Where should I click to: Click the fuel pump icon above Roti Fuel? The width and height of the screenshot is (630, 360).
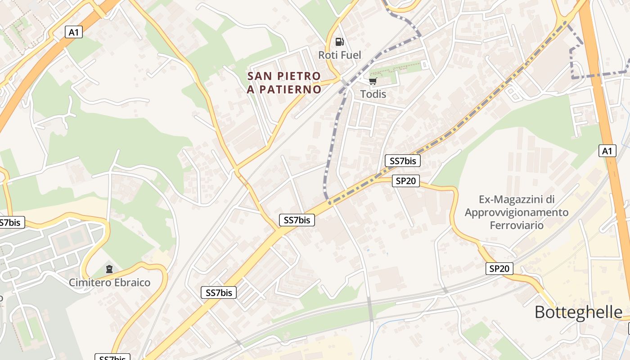coord(339,42)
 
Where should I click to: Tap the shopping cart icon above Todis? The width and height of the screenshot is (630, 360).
coord(373,81)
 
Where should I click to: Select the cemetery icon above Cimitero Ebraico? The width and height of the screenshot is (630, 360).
coord(109,269)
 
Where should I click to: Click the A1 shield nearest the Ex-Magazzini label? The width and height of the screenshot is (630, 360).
coord(607,151)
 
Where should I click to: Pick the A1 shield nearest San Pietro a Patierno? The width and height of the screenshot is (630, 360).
coord(74,32)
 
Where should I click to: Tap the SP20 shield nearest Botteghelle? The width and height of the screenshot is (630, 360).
coord(499,269)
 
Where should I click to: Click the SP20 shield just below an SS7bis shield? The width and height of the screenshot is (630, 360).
coord(405,181)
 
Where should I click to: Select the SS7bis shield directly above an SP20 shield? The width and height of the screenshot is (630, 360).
coord(402,161)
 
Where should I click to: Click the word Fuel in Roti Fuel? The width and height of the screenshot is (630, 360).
coord(351,55)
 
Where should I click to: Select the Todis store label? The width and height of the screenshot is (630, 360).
coord(373,94)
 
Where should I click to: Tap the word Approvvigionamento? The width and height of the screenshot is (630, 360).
coord(517,212)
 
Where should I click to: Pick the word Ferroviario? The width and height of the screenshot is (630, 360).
coord(517,225)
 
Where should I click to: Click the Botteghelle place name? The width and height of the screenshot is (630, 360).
coord(578,312)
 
